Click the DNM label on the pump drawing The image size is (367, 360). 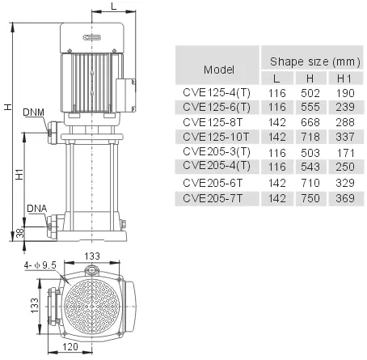tap(33, 112)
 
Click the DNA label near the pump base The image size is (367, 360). tap(37, 208)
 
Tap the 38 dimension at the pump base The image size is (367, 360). tap(20, 233)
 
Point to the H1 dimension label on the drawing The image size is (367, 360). tap(19, 175)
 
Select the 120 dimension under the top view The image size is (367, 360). tap(70, 346)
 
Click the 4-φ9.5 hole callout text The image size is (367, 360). tap(40, 265)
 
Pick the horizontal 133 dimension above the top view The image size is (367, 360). tap(92, 256)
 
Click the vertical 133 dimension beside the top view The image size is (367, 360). tap(35, 306)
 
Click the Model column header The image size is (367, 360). tap(218, 70)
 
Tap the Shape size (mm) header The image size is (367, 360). tap(315, 61)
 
